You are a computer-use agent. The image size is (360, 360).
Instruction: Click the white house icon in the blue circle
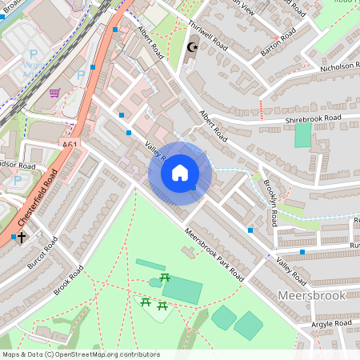tap(180, 173)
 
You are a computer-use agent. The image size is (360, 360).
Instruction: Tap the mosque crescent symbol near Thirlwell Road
tap(191, 48)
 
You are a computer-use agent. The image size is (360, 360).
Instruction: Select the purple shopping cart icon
tap(54, 93)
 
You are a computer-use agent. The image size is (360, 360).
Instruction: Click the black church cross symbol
tap(22, 237)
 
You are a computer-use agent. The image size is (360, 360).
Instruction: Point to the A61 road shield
tap(70, 145)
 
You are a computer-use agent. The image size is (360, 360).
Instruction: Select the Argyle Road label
tap(330, 323)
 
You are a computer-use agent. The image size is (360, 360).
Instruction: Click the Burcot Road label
tap(44, 254)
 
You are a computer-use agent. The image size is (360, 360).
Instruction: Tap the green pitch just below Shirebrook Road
tap(302, 134)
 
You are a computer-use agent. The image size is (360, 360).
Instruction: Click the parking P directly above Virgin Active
tap(34, 55)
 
